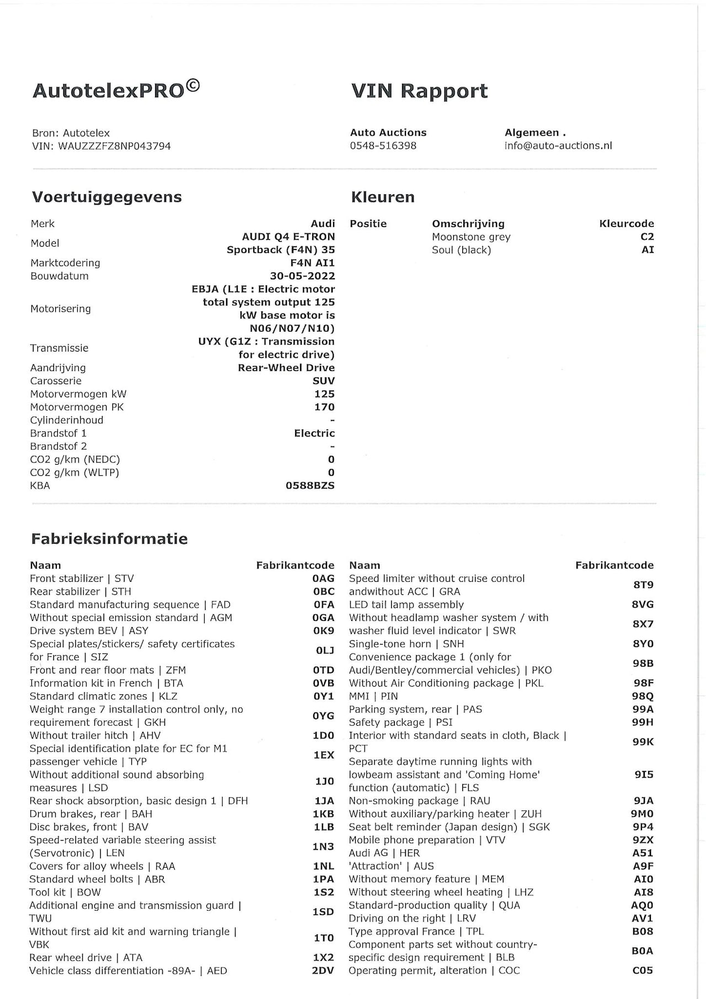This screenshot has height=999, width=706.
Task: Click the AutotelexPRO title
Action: point(116,89)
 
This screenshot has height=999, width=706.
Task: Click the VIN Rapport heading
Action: point(419,91)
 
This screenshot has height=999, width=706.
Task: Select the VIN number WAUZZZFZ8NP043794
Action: point(114,146)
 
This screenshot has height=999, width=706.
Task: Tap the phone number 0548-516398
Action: point(383,146)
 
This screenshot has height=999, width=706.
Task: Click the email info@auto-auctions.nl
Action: point(558,146)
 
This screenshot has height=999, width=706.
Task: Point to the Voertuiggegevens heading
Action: point(106,197)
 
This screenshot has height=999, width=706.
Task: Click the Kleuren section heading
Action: point(383,197)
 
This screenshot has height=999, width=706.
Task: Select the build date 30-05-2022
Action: point(302,276)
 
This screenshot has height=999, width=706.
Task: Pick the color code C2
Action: point(647,237)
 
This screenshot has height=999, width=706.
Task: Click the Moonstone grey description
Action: point(471,237)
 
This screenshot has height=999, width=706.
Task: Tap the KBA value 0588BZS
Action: point(310,486)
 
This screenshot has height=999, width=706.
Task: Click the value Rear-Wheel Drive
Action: point(286,368)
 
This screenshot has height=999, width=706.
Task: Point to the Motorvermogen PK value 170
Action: point(324,407)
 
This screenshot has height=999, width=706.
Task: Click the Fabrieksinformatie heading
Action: point(109,539)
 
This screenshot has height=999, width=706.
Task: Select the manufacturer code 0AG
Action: point(323,578)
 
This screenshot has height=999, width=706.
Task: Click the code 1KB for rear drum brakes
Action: point(324,814)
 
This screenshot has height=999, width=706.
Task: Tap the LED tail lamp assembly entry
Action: point(406,604)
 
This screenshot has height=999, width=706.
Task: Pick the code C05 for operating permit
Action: point(643,970)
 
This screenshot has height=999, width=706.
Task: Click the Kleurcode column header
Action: point(627,224)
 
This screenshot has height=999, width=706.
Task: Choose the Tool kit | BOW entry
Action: point(65,892)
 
